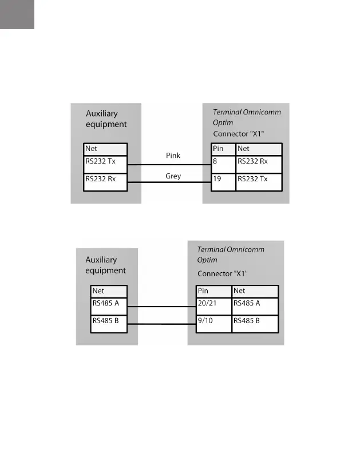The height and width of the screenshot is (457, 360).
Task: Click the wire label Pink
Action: [173, 156]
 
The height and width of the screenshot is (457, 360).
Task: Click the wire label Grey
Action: [173, 176]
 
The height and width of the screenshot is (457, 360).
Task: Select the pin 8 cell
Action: [223, 164]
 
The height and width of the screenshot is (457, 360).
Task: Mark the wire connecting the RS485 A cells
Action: [162, 307]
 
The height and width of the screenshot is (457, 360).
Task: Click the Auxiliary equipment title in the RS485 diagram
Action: [105, 265]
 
